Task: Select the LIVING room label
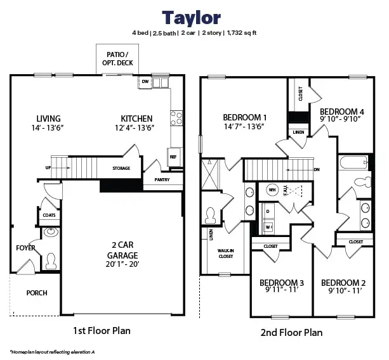point(48,119)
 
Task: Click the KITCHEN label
point(136,119)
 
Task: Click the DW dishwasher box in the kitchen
point(145,82)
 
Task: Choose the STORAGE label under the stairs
point(121,168)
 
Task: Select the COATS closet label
point(49,215)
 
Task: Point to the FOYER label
point(26,248)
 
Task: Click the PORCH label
point(37,293)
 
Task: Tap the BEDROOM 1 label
point(244,117)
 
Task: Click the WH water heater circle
point(272,190)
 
